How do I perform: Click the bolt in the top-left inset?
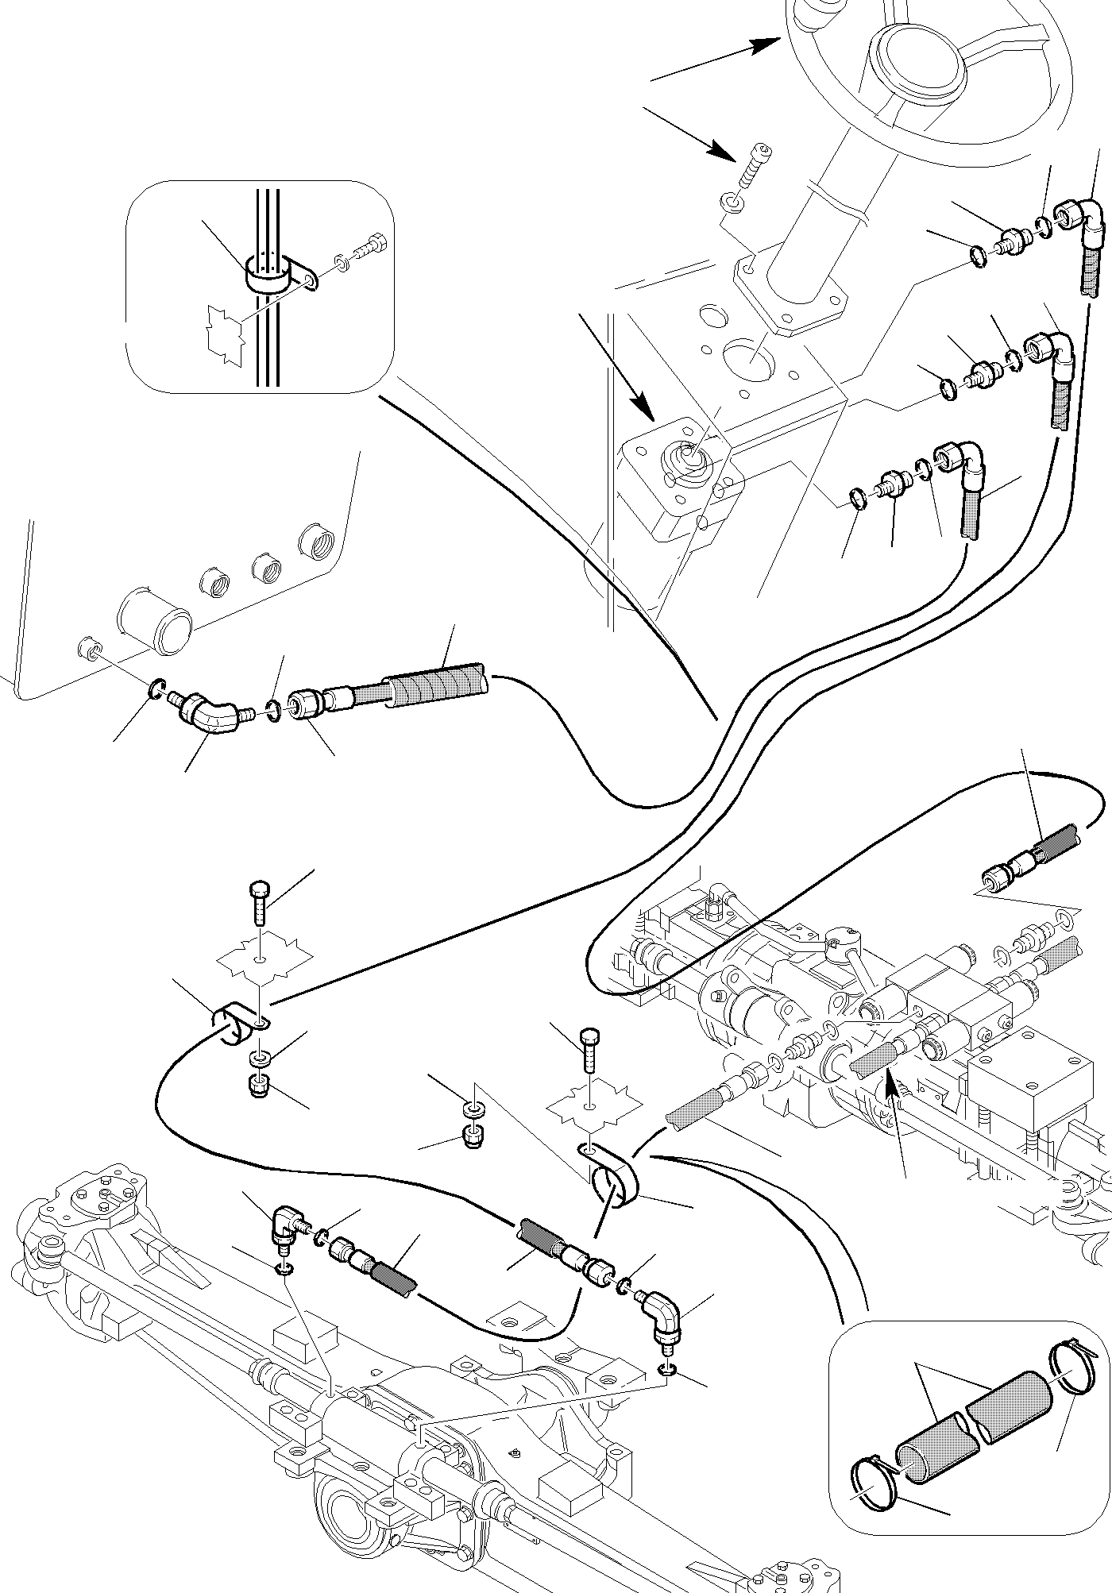[369, 245]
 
